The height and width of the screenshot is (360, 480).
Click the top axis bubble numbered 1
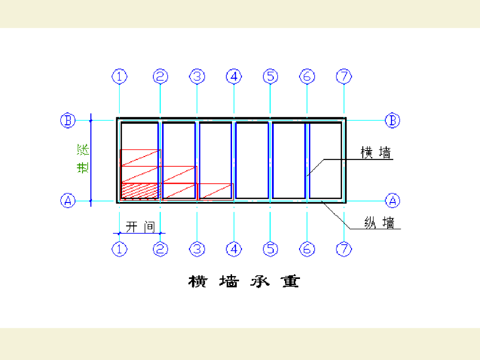(120, 76)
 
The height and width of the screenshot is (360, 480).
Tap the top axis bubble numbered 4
(234, 76)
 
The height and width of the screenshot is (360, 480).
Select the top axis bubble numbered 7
(344, 76)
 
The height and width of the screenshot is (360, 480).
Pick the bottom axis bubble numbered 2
(160, 249)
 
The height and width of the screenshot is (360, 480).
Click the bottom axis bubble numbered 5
(270, 249)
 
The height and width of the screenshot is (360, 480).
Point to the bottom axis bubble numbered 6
(307, 249)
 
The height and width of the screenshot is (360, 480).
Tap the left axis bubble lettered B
(68, 120)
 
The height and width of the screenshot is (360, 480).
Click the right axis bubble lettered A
(393, 201)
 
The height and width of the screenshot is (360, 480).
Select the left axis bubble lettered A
(68, 201)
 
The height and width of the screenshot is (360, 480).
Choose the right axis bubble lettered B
(393, 120)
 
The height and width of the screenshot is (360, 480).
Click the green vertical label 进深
(83, 159)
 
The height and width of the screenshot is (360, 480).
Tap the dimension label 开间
(140, 227)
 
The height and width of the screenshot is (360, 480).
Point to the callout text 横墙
(375, 153)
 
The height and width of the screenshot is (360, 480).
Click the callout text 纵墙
(380, 223)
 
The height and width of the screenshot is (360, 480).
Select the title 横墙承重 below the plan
(244, 282)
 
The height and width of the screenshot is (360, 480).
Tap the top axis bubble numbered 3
(197, 76)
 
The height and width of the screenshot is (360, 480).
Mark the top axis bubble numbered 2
(160, 76)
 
